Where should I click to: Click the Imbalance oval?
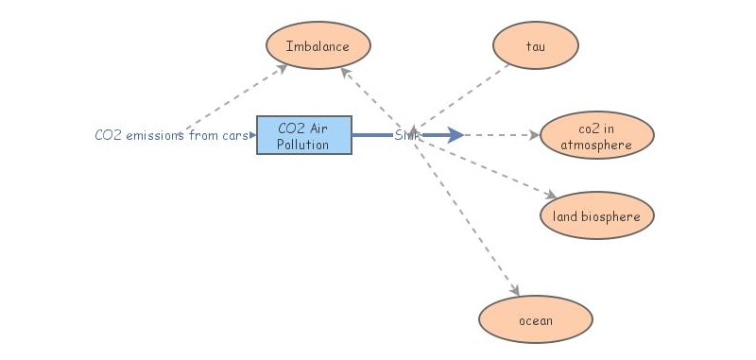318,45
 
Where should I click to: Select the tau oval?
536,45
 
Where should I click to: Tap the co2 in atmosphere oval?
595,136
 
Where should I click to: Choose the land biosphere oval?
596,216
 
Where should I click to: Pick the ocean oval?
536,320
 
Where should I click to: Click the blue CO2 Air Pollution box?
304,136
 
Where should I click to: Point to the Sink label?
407,135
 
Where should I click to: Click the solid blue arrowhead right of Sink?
455,135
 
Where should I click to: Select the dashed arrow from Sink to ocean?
468,217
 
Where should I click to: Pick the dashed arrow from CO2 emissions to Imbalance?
236,97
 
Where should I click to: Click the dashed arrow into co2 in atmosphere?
501,135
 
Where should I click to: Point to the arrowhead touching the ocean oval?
515,291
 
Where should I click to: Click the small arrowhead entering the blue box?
252,135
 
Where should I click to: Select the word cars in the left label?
233,135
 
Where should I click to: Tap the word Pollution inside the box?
304,145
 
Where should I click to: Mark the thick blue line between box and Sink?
373,135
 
